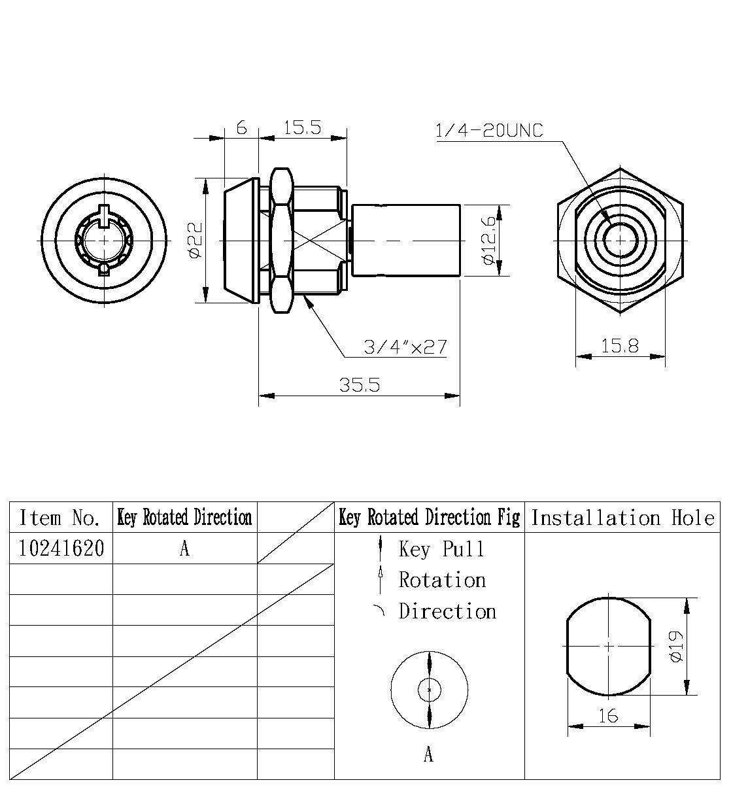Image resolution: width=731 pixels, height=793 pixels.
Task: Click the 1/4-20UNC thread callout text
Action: [x=488, y=131]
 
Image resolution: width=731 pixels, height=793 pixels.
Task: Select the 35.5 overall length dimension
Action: [x=359, y=385]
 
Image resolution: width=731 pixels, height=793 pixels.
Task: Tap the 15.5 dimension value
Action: [x=302, y=127]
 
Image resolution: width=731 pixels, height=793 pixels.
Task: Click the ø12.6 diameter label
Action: [x=488, y=241]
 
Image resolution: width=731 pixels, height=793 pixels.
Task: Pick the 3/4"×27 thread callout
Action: [x=405, y=346]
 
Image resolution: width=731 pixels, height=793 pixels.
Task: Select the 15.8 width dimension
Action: [x=619, y=346]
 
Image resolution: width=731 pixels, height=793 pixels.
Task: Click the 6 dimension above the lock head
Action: [x=241, y=127]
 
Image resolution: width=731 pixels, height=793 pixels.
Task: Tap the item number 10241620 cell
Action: [x=61, y=548]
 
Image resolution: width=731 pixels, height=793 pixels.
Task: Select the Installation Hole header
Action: [x=622, y=518]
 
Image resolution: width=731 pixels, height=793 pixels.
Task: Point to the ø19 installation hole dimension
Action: [x=676, y=647]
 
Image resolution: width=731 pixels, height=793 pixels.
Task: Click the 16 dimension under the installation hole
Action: [x=608, y=717]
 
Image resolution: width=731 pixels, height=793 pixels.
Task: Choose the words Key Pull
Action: [x=442, y=549]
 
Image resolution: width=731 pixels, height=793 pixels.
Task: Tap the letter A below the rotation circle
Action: [x=428, y=755]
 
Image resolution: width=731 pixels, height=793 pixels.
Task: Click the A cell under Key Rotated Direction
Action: [x=184, y=549]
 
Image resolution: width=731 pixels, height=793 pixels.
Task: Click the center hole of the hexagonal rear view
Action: [x=619, y=241]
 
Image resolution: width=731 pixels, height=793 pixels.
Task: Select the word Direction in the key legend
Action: [x=448, y=612]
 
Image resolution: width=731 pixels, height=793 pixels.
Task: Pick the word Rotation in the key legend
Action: [x=443, y=581]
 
